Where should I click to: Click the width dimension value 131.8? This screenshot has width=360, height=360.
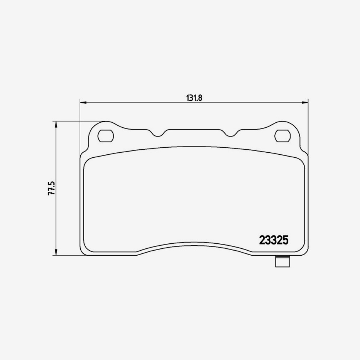(x=193, y=98)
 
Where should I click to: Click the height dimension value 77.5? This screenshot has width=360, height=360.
(x=51, y=188)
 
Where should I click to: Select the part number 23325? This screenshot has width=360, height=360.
(x=274, y=240)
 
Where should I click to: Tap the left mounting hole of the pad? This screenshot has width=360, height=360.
(x=106, y=136)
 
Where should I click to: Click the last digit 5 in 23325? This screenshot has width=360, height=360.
(x=285, y=240)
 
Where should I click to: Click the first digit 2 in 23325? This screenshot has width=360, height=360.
(x=262, y=240)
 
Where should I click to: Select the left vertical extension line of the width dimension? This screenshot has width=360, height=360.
(x=80, y=126)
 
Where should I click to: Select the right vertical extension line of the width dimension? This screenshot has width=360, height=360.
(x=308, y=126)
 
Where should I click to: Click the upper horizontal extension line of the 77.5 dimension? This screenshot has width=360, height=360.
(x=79, y=121)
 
